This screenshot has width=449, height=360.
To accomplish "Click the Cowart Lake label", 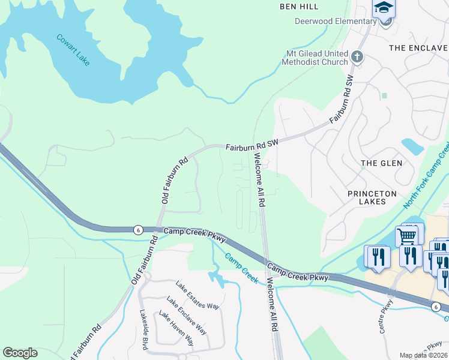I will [x=73, y=48].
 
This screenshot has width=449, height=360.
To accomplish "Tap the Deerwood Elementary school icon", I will [x=384, y=8].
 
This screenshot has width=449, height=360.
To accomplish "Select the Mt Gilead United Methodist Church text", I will [x=316, y=58].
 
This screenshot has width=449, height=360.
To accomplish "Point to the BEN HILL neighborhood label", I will [x=299, y=7].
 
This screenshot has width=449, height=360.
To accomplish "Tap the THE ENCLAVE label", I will [x=418, y=47].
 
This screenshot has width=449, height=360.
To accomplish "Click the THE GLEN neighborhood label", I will [x=381, y=163].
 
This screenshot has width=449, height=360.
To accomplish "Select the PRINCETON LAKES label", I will [x=372, y=199].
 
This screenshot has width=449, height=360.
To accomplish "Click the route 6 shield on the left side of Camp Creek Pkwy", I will [x=137, y=229].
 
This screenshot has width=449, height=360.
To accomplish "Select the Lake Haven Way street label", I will [x=176, y=328].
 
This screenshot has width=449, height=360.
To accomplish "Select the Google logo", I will [x=20, y=353].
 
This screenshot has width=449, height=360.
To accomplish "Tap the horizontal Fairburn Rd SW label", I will [x=253, y=146].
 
